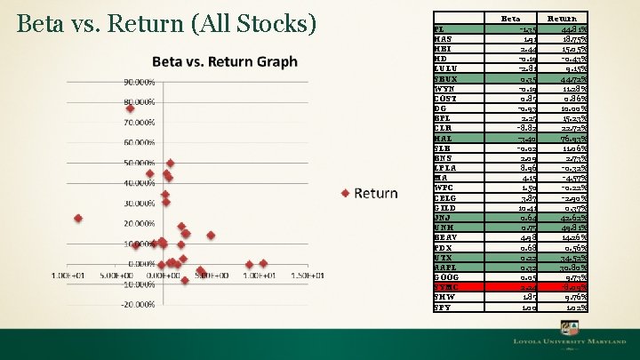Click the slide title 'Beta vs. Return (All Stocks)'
point(166,24)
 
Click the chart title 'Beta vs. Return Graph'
point(224,61)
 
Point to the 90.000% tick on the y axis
point(139,82)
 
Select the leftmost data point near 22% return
point(78,218)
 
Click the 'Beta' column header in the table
point(510,18)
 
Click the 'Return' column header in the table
point(561,18)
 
